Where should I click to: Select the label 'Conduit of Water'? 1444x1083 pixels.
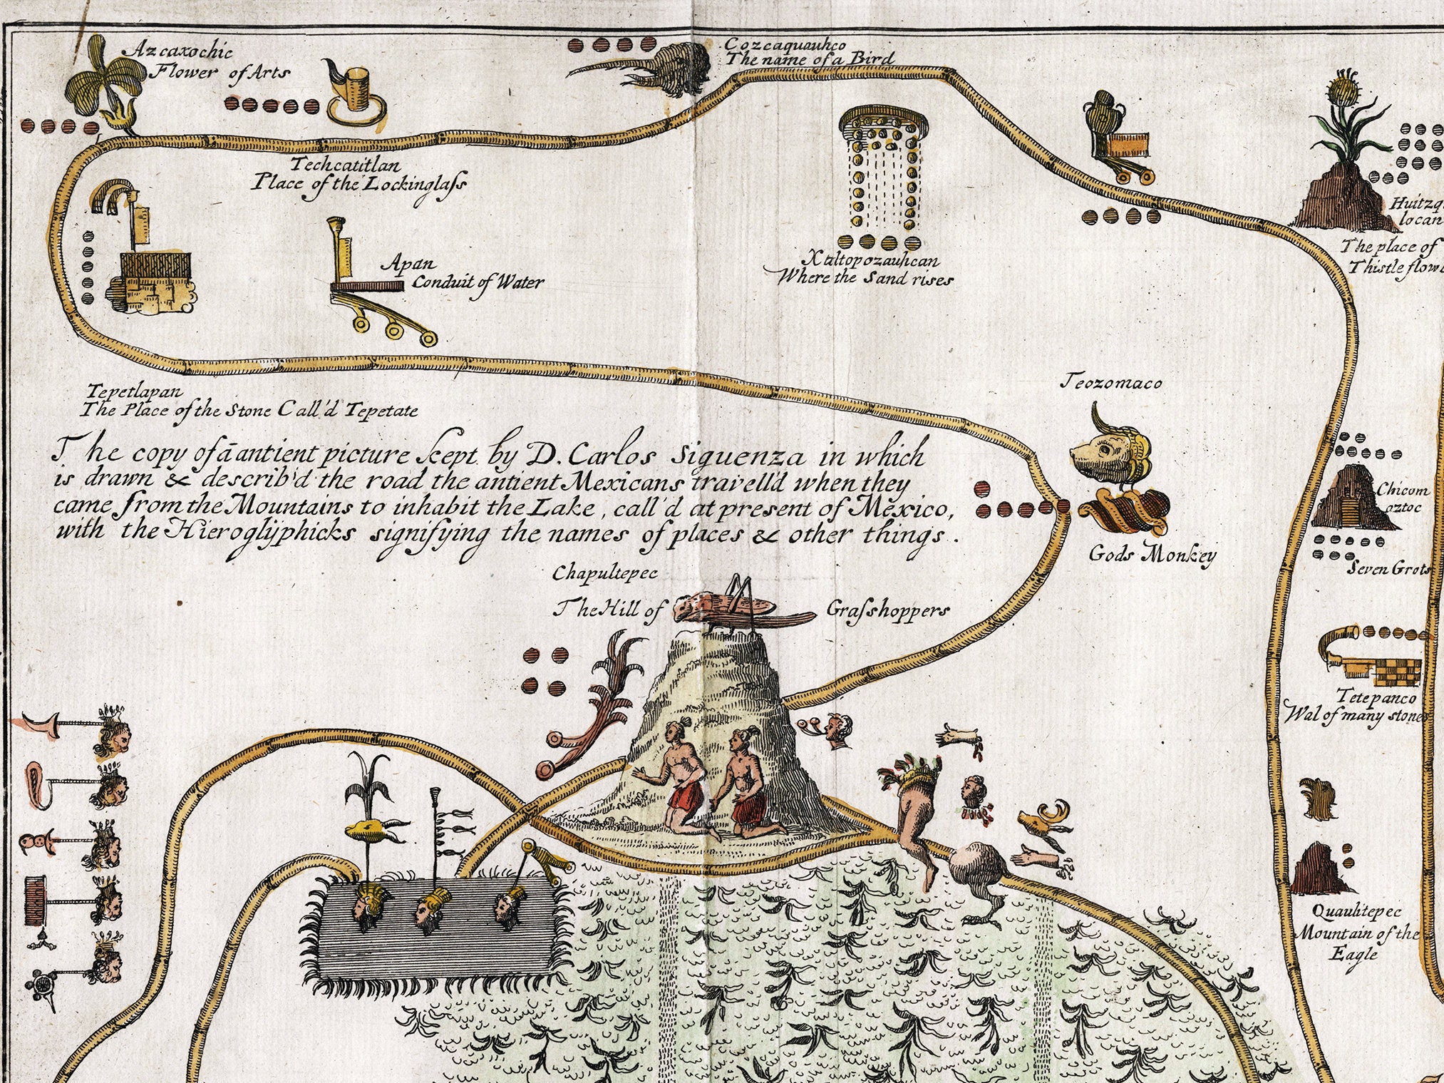(x=478, y=282)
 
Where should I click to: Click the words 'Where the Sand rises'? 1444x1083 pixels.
(x=864, y=278)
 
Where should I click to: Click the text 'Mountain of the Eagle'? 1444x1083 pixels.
(x=1356, y=943)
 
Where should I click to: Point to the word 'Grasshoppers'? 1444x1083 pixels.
(x=889, y=610)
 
